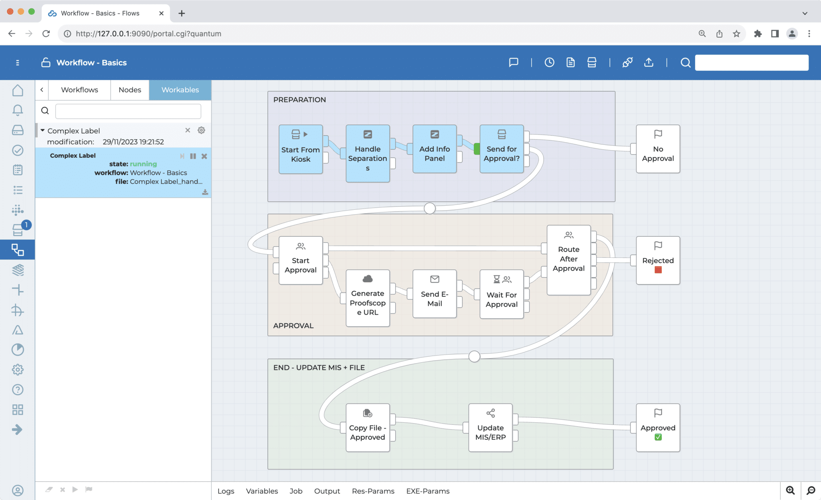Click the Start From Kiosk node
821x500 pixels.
[301, 149]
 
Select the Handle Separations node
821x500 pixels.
[368, 154]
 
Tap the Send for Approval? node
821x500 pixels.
[501, 149]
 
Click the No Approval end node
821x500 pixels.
[658, 149]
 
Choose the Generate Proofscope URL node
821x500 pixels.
[368, 298]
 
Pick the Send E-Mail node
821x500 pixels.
[435, 294]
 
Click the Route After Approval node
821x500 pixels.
[568, 260]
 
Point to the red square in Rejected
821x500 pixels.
[658, 270]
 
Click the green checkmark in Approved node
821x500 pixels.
[658, 437]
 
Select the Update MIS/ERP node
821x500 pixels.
[490, 428]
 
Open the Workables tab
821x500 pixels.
[180, 90]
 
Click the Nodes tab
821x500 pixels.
[130, 90]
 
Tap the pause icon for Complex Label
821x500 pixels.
[193, 156]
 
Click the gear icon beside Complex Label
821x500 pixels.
[201, 130]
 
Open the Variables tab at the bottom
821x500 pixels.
[262, 491]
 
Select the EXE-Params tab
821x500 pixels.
[428, 491]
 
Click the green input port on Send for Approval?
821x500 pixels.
[477, 149]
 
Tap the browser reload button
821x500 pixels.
[46, 34]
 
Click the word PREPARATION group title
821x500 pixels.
[299, 100]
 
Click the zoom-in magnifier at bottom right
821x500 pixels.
[790, 490]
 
